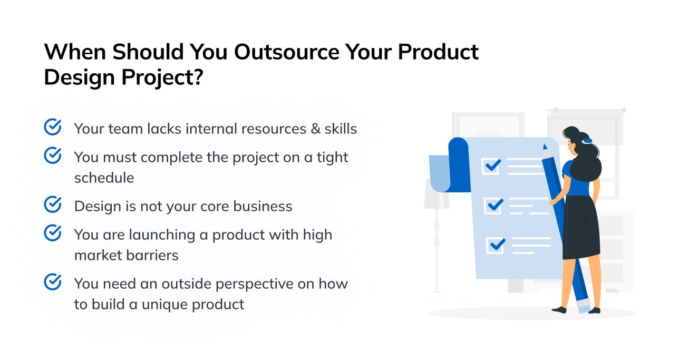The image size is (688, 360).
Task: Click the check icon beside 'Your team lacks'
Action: coord(52,128)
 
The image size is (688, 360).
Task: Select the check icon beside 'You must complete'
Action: coord(52,156)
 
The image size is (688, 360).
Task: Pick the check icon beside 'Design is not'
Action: coord(52,205)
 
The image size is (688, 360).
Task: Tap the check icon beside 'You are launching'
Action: coord(52,233)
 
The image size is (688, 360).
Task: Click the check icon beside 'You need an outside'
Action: coord(52,283)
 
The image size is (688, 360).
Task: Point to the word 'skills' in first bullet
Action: coord(341,129)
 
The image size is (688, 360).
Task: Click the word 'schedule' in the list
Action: coord(104,178)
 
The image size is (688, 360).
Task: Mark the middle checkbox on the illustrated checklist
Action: coord(494,205)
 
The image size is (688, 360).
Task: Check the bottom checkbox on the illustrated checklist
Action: coord(496,245)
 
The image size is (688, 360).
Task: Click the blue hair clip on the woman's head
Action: coord(587,141)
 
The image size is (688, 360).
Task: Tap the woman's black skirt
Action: coord(581,227)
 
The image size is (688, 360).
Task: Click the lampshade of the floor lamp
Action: coord(436,193)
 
